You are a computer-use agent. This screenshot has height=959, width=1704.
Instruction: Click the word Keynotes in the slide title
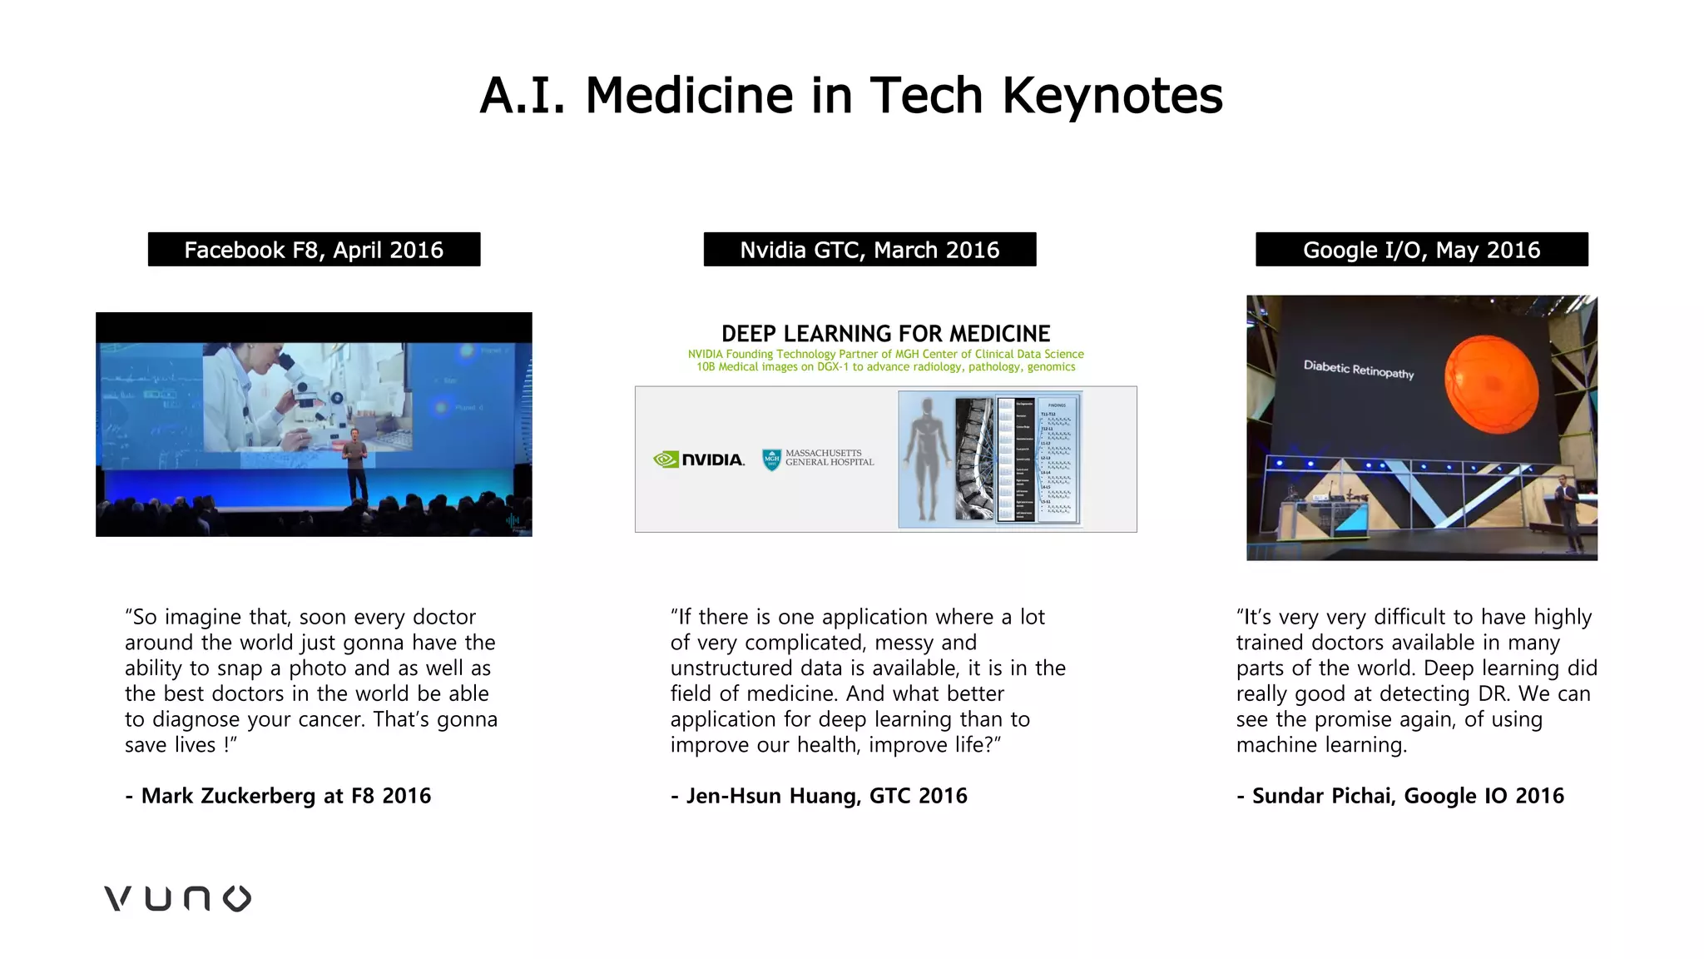tap(1112, 95)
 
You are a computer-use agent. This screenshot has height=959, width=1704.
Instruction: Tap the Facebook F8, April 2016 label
tap(314, 250)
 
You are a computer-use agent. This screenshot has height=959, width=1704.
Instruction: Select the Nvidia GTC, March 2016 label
tap(869, 250)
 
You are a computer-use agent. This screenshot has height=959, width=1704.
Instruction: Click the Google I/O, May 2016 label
tap(1421, 250)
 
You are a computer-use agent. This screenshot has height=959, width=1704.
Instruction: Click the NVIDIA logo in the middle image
tap(699, 460)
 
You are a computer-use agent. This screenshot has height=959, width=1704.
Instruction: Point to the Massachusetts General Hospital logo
tap(818, 459)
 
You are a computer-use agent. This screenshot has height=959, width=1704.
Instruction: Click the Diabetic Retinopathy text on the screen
tap(1358, 369)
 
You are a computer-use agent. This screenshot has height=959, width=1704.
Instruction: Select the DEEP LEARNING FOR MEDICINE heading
tap(885, 334)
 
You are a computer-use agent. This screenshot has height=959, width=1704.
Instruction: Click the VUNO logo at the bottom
tap(177, 898)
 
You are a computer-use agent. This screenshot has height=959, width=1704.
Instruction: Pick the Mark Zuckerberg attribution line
tap(278, 796)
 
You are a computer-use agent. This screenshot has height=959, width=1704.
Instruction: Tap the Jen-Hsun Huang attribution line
tap(819, 796)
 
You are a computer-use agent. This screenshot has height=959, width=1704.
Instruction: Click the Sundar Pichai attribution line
tap(1399, 796)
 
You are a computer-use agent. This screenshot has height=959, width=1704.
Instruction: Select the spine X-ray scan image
tap(974, 459)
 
